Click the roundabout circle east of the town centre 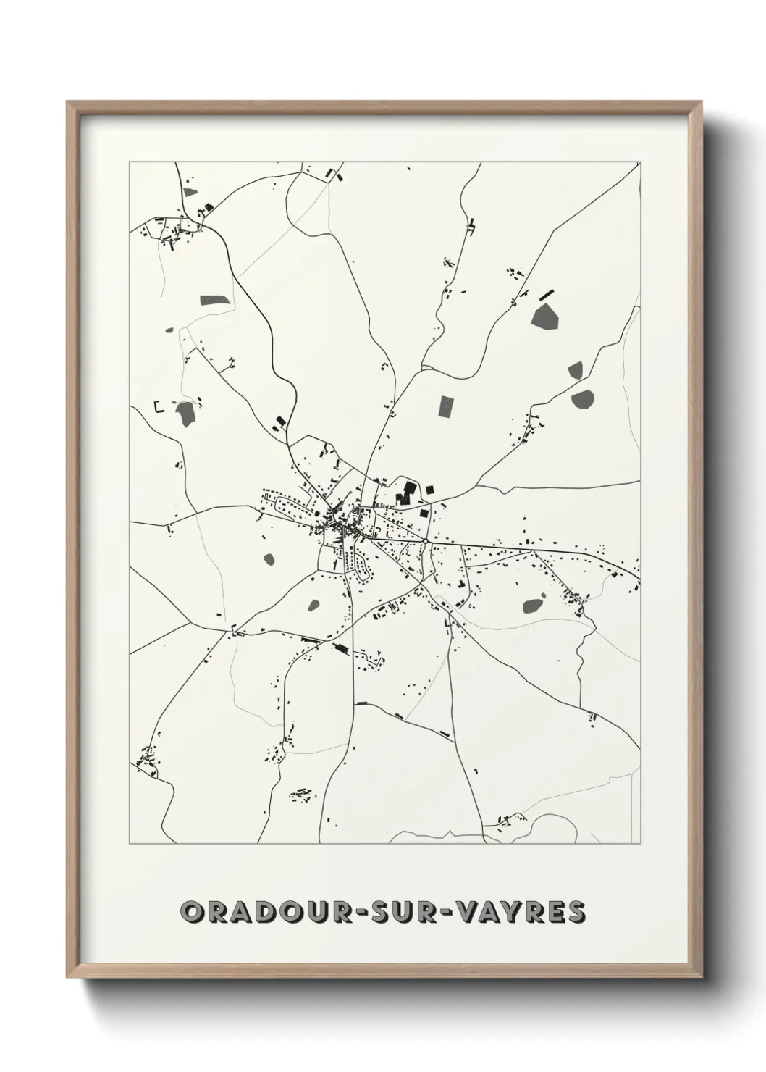426,540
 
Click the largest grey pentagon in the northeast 545,316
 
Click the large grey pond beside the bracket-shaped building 184,414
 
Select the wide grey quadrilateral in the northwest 214,301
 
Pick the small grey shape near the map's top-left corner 190,192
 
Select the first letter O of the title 193,911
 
